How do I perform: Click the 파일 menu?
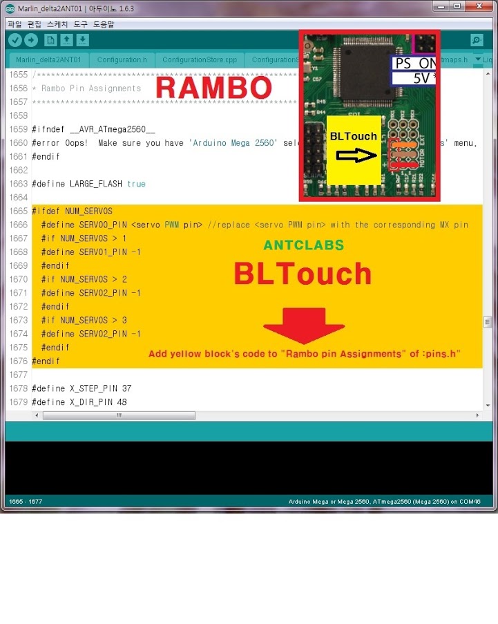tap(14, 24)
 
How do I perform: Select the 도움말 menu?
tap(104, 24)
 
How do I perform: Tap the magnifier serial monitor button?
tap(476, 40)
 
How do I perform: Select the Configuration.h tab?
tap(122, 60)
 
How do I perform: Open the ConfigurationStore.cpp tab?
tap(199, 60)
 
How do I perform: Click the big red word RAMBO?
tap(213, 88)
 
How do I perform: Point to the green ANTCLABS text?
tap(303, 246)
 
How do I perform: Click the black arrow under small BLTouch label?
tap(353, 158)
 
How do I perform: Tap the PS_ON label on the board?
tap(414, 63)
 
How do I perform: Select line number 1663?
tap(19, 184)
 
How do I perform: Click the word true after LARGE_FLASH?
tap(136, 184)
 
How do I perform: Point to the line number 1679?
tap(19, 402)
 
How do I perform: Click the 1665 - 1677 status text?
tap(23, 501)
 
